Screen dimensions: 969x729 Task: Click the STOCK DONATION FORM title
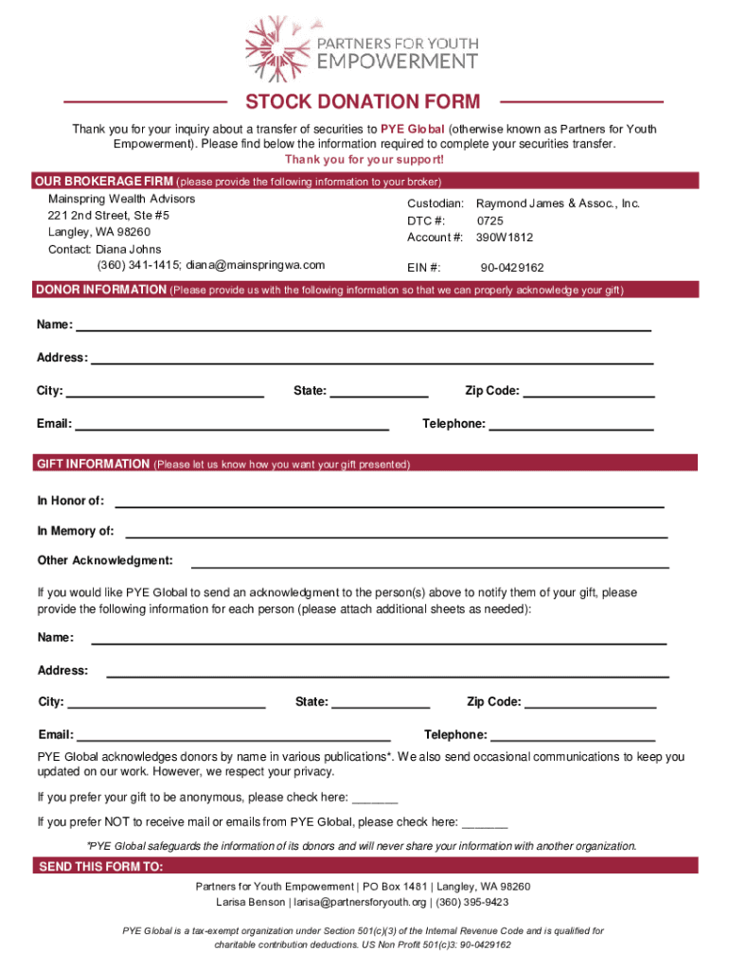coord(364,102)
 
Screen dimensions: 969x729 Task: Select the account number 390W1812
coord(505,236)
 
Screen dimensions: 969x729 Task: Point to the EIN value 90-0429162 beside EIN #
coord(512,268)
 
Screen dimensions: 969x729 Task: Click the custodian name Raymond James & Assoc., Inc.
coord(558,203)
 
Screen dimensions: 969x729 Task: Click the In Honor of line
coord(388,502)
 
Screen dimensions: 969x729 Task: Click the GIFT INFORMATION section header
coord(93,465)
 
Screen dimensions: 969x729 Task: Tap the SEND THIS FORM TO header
coord(99,868)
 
